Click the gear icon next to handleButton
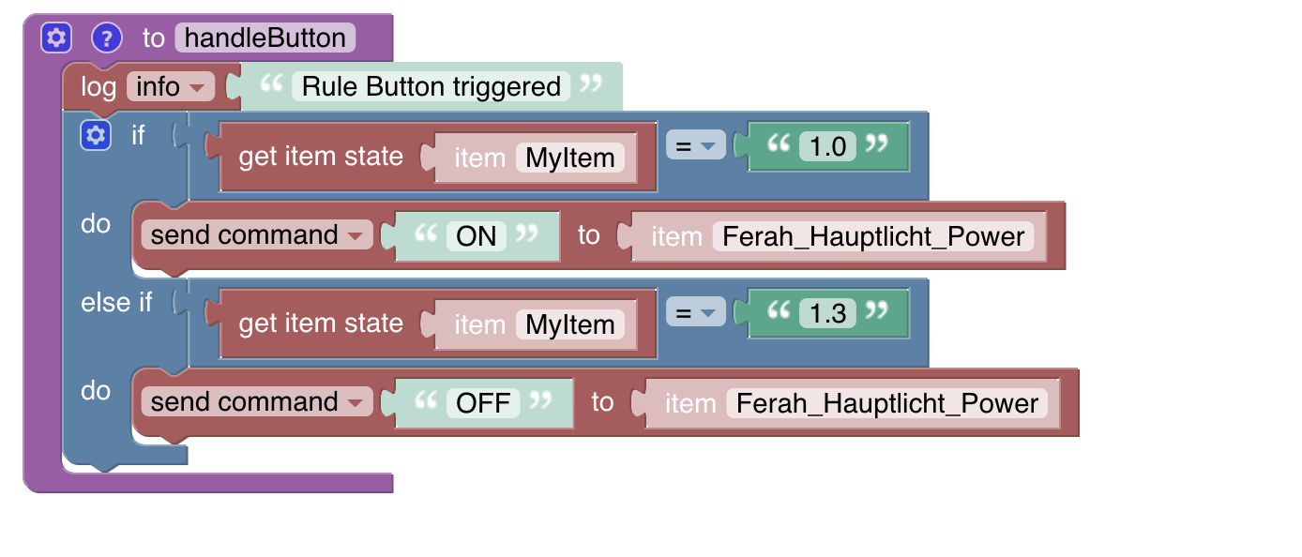(x=56, y=38)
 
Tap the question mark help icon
(x=108, y=38)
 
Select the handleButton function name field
(x=265, y=38)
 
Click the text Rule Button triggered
(x=431, y=87)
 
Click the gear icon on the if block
(x=95, y=136)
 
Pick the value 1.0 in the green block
(x=827, y=146)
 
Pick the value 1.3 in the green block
(x=827, y=313)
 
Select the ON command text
(x=476, y=236)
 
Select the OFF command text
(x=482, y=403)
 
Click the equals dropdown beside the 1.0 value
(x=695, y=146)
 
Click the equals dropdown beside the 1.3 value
(x=695, y=313)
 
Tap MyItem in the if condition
(x=569, y=158)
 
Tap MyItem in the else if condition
(x=569, y=324)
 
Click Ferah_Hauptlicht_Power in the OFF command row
(x=887, y=403)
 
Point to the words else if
(x=116, y=303)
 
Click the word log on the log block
(x=98, y=87)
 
